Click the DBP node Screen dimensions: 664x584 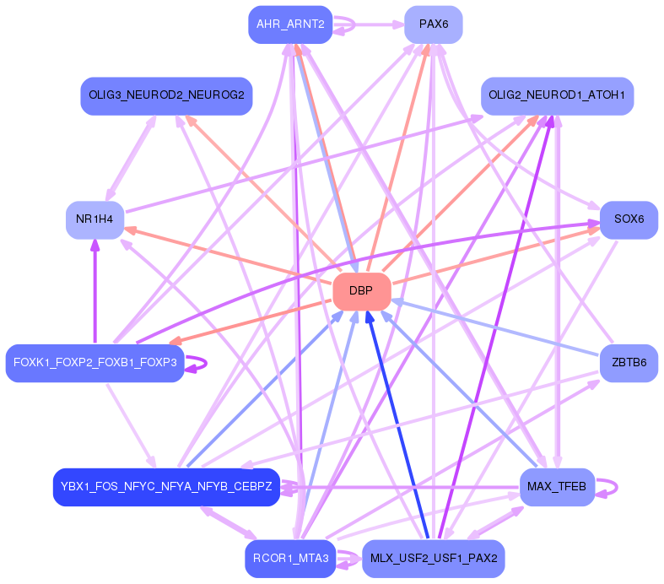(361, 291)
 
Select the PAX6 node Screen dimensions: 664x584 (433, 24)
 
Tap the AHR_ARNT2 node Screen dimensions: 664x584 (290, 24)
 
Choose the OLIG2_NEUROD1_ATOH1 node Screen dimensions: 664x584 (557, 96)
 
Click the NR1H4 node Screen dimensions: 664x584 (94, 220)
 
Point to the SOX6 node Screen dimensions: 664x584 (629, 219)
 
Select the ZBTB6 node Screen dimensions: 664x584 (629, 363)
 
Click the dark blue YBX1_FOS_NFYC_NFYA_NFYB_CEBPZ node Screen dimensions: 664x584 (166, 487)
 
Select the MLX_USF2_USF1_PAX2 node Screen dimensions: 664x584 (433, 559)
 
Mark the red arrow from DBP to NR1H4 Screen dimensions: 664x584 (228, 256)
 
